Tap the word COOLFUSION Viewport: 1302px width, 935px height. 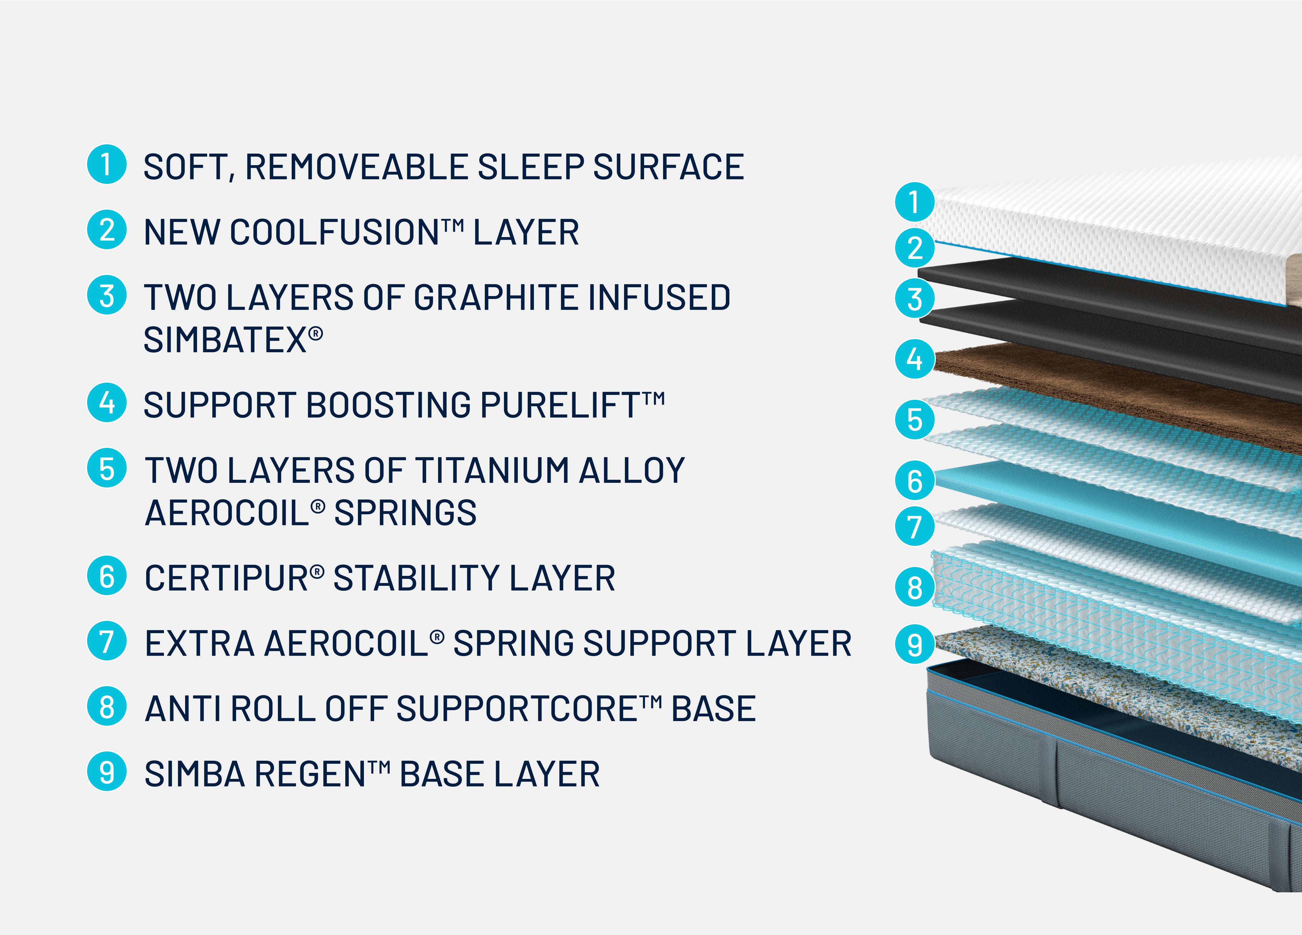(335, 233)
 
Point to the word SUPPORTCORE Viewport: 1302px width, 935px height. (517, 709)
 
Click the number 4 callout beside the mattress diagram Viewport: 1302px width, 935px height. (915, 359)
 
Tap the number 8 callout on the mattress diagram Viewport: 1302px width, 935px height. (915, 587)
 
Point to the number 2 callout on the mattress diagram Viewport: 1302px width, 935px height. (915, 248)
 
